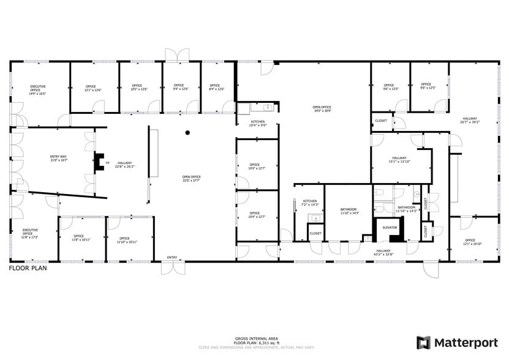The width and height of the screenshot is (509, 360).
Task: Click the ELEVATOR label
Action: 390,227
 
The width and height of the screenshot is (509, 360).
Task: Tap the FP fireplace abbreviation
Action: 108,163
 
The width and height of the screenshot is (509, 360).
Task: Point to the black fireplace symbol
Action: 98,162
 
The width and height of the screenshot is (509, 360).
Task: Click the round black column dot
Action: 188,132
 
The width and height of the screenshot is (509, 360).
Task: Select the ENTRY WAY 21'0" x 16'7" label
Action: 58,159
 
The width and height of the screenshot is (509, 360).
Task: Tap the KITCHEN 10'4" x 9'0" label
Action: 258,124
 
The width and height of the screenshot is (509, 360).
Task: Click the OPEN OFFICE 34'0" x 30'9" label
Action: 322,109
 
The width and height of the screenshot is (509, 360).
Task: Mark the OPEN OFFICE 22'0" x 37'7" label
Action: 191,179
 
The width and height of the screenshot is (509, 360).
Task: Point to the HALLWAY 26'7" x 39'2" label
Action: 470,120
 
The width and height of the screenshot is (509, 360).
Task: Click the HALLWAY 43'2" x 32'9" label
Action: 384,252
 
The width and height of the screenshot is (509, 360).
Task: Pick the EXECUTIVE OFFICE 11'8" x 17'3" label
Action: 28,233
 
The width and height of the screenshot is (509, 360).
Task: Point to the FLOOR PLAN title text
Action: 28,268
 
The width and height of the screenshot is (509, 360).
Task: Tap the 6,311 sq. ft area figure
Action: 265,343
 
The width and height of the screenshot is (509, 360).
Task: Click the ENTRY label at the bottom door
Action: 172,257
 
